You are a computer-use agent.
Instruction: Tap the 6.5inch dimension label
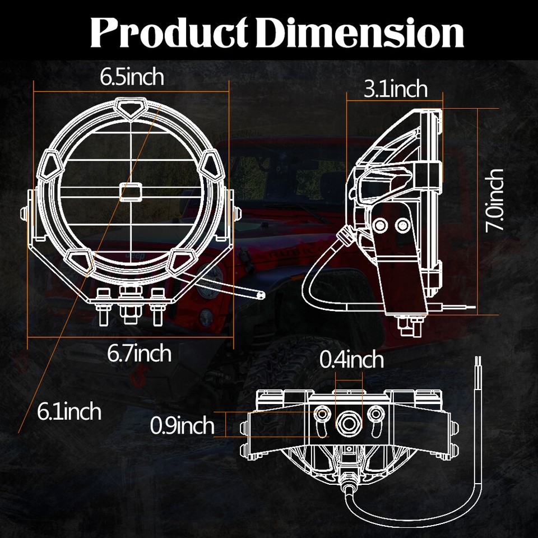(x=132, y=77)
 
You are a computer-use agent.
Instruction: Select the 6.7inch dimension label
(x=139, y=353)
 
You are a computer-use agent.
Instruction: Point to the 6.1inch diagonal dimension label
(x=69, y=412)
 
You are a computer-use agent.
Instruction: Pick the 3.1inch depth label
(x=395, y=89)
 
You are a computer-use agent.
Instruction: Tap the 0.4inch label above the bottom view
(x=351, y=359)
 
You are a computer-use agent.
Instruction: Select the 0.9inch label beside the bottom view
(x=182, y=426)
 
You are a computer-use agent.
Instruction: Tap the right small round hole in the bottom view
(x=375, y=414)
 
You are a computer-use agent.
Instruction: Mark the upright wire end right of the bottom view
(x=477, y=364)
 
